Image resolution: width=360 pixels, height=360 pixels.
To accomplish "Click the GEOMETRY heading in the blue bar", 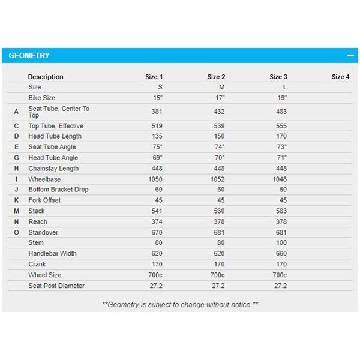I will [29, 56].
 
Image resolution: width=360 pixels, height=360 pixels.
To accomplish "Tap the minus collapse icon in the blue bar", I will [350, 56].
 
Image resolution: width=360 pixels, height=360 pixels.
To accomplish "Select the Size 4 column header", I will [340, 77].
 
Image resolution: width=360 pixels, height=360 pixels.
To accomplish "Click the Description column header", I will [46, 77].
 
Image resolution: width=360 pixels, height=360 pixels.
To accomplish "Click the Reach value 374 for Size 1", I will [156, 222].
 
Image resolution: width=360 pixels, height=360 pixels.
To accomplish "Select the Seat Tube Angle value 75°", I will [156, 147].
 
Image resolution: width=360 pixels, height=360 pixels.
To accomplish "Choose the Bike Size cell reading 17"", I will [219, 97].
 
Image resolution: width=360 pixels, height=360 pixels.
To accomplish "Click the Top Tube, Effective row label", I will [56, 126].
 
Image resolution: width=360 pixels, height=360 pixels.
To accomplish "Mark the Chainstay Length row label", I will [53, 169].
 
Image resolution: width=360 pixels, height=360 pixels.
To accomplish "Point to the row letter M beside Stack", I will [16, 211].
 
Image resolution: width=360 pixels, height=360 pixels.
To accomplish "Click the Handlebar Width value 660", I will [281, 254].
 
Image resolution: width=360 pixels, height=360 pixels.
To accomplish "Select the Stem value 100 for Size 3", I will [281, 243].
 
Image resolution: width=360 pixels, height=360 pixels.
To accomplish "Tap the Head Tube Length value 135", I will [156, 136].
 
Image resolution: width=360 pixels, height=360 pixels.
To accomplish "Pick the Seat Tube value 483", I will [281, 112].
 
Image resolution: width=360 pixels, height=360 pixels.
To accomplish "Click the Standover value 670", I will [156, 232].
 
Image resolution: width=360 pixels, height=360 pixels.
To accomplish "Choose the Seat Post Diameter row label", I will [56, 286].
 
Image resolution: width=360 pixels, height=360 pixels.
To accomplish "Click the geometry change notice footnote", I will [180, 305].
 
